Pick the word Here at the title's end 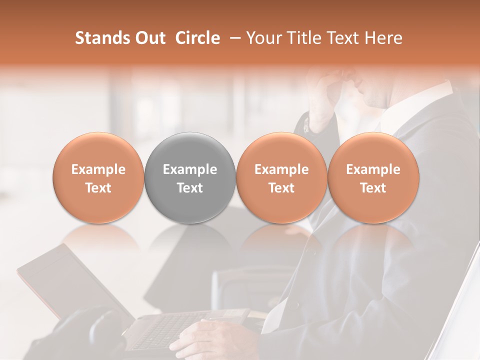tap(383, 38)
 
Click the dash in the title tap(233, 38)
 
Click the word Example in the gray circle tap(190, 169)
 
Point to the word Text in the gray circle tap(190, 188)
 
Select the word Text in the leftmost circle tap(98, 188)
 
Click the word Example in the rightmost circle tap(373, 169)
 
